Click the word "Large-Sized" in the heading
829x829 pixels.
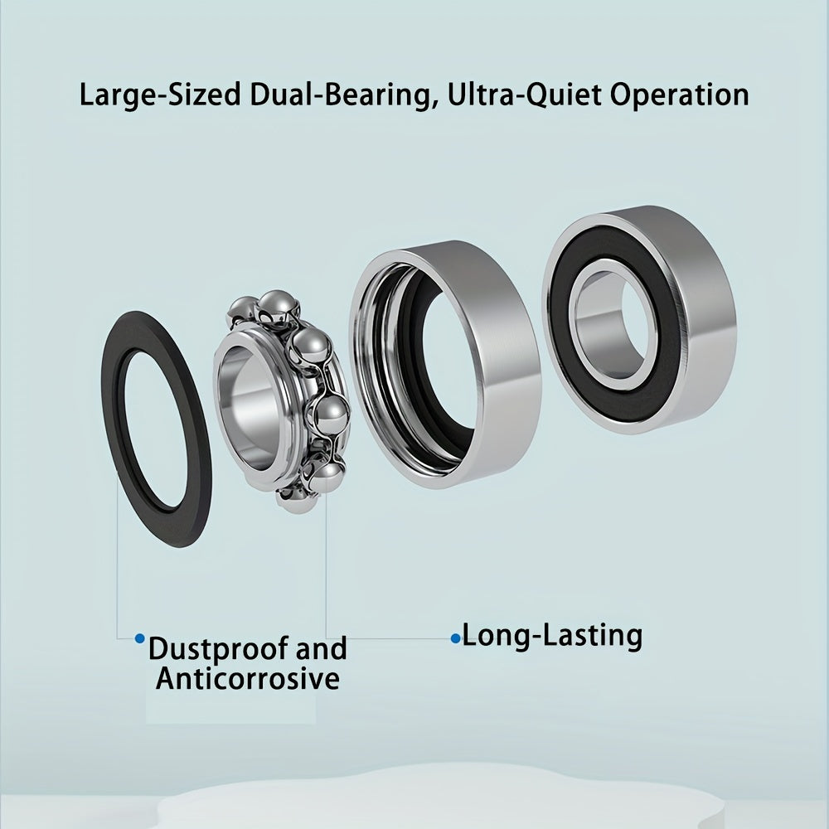point(160,95)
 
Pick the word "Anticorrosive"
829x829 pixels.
point(247,678)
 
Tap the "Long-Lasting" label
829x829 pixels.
point(552,636)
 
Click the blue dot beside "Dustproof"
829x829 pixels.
point(139,638)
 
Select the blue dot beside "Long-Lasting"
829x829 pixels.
point(455,638)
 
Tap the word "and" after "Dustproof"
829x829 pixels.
point(321,648)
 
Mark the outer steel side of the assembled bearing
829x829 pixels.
point(703,318)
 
